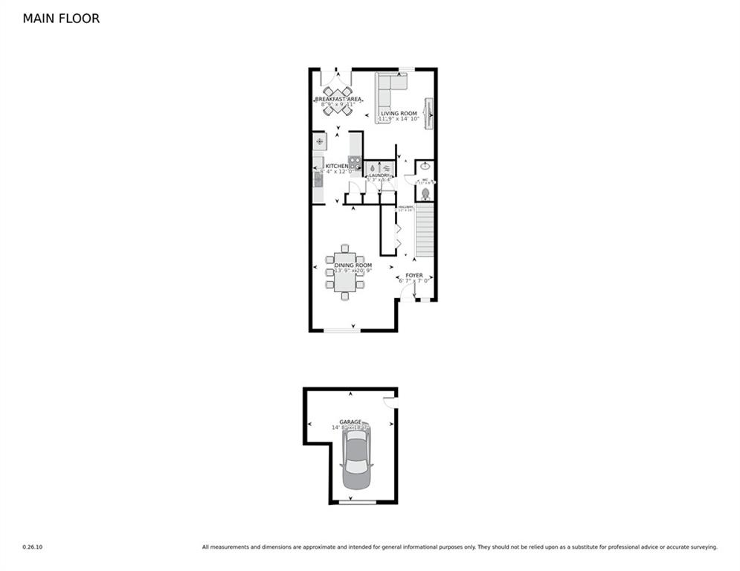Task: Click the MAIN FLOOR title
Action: (x=61, y=19)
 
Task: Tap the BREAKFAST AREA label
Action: (x=338, y=99)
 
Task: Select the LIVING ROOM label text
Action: (x=399, y=113)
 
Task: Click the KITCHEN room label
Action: (x=336, y=166)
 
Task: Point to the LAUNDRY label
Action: (x=379, y=175)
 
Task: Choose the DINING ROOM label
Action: (x=353, y=265)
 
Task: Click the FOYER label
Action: (x=414, y=275)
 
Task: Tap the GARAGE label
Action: (x=350, y=422)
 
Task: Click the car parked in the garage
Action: (x=355, y=461)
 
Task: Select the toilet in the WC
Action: (x=425, y=193)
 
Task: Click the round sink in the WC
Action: (x=425, y=168)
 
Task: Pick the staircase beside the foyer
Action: (x=424, y=231)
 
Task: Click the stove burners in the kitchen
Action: (x=355, y=164)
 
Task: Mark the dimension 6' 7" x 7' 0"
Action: (x=414, y=281)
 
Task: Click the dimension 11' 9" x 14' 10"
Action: (x=399, y=119)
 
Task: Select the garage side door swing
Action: (x=388, y=402)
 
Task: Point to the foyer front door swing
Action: (x=407, y=293)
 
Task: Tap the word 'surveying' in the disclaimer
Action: (x=703, y=547)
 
